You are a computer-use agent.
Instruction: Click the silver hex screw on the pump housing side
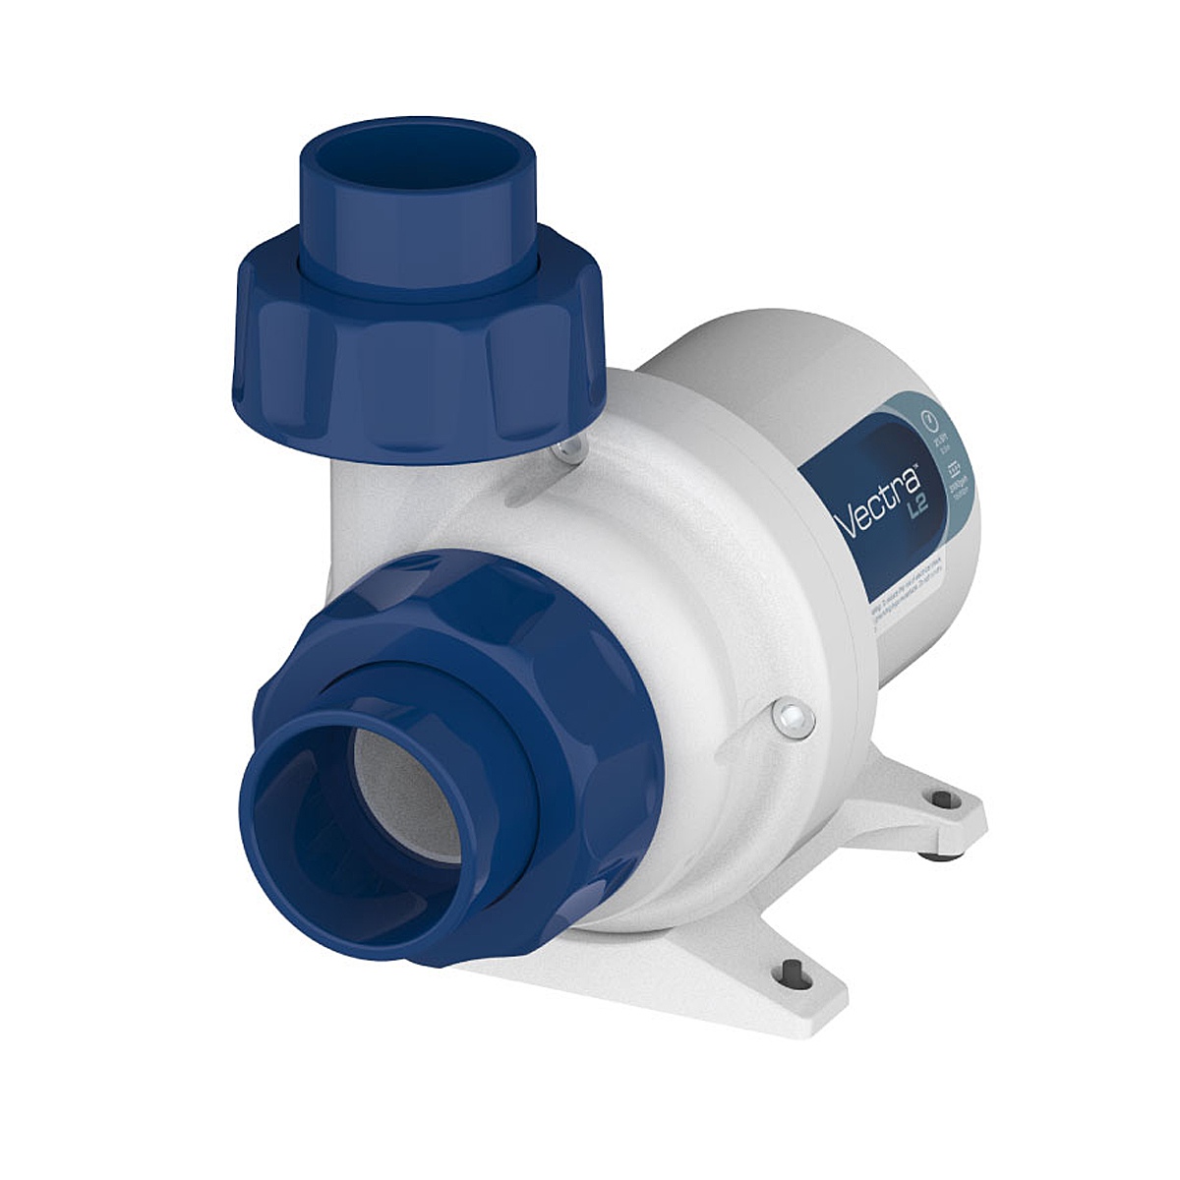click(x=793, y=718)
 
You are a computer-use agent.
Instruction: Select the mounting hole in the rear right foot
click(x=941, y=797)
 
